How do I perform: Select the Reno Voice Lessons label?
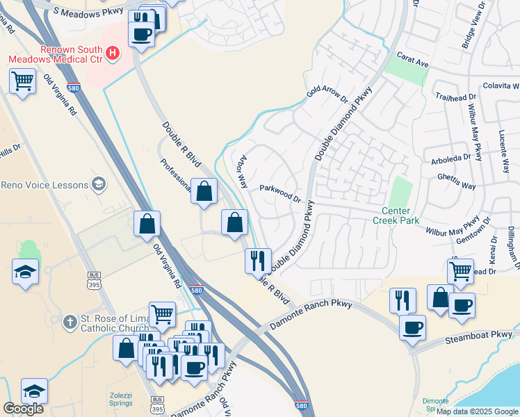[x=44, y=185]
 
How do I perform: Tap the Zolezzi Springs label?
[x=125, y=400]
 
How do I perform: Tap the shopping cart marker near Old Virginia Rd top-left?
[x=23, y=81]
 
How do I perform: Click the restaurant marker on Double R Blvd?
[x=258, y=261]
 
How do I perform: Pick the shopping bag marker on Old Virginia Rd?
[x=147, y=224]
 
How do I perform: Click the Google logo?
[x=23, y=408]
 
